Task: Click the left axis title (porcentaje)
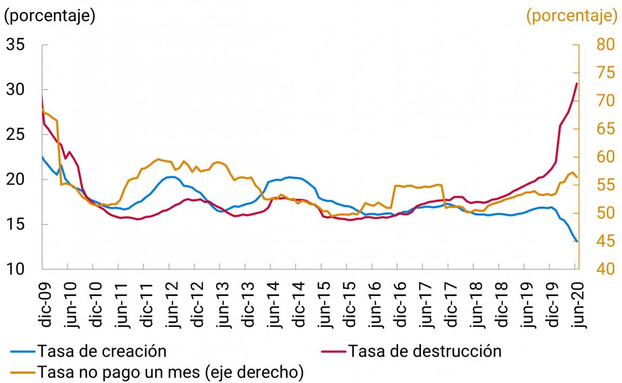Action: [50, 16]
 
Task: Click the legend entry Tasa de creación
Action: [101, 351]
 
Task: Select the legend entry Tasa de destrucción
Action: [424, 351]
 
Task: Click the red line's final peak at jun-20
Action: [577, 83]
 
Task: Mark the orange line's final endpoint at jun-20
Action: [577, 177]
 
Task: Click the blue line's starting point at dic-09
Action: [42, 156]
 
